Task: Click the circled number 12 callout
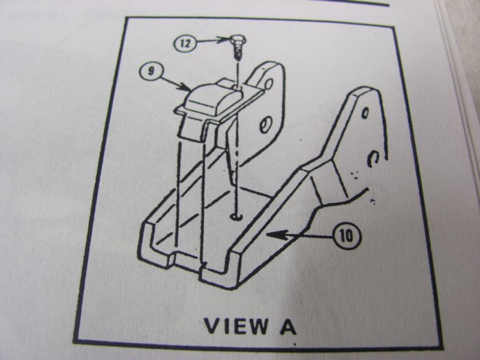click(184, 43)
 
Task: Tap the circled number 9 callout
click(151, 71)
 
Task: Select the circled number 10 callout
click(347, 236)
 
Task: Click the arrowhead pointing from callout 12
click(224, 40)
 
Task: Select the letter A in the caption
click(288, 326)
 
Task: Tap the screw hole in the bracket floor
click(236, 217)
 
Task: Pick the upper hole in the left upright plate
click(269, 83)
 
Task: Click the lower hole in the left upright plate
click(265, 125)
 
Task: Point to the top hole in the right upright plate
click(365, 113)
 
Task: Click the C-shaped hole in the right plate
click(371, 159)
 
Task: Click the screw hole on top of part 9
click(237, 88)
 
